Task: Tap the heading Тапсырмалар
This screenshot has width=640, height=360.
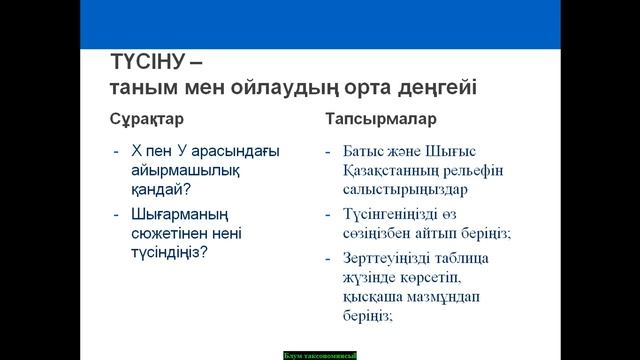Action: point(379,118)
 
